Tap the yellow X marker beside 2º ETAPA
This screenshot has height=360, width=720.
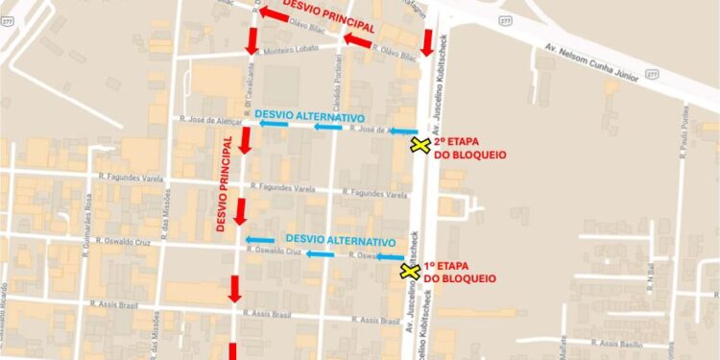[420, 145]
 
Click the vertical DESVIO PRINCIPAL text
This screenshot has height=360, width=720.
[223, 182]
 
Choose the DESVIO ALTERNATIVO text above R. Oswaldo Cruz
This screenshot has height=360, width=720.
[341, 241]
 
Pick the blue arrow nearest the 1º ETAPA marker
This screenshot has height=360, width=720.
[389, 257]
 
